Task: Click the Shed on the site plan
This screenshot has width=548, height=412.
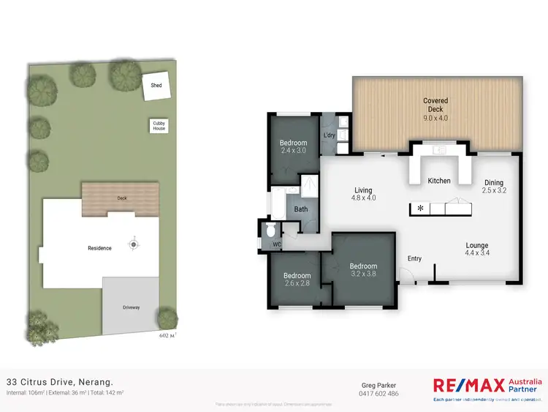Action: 156,86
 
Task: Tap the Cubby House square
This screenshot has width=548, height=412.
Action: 159,126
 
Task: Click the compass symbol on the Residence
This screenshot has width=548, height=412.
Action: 134,244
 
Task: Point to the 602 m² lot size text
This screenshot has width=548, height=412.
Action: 168,336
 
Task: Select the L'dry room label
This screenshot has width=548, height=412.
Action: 329,136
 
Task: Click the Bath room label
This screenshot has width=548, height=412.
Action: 300,209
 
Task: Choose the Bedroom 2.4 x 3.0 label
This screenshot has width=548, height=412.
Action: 294,146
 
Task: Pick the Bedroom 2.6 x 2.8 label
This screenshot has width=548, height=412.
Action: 297,279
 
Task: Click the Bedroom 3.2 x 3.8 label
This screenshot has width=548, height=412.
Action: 363,270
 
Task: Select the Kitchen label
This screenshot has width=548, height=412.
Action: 439,181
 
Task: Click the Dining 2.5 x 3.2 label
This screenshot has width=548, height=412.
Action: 495,187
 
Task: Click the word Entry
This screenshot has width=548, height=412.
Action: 414,258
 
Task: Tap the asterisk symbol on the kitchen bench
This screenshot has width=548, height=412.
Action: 420,209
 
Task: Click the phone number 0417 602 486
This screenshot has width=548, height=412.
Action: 380,394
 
